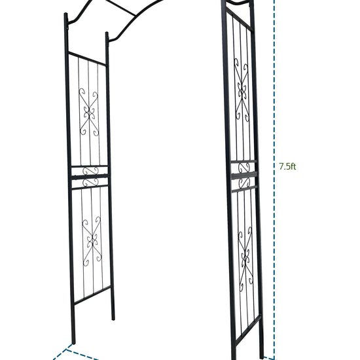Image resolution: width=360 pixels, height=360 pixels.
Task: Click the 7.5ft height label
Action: (287, 166)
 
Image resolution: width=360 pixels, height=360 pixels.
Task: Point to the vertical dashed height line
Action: (274, 180)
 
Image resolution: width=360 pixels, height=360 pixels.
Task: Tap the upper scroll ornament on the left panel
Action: (89, 112)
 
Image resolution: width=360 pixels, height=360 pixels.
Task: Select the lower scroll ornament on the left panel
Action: (92, 241)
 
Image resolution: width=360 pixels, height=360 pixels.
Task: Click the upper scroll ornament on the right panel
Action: (242, 90)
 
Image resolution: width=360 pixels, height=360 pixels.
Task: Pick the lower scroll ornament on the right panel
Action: (245, 259)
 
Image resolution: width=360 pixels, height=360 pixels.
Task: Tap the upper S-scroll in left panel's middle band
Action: (90, 171)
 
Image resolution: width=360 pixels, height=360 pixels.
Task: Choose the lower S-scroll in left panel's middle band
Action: (90, 183)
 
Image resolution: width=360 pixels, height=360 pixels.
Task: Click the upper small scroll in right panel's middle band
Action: (244, 168)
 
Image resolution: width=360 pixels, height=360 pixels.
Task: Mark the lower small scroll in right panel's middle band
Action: (244, 183)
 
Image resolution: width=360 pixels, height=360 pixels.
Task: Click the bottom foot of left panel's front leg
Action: (73, 343)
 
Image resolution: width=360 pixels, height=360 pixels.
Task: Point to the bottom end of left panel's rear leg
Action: (113, 319)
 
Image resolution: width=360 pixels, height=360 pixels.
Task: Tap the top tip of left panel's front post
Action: (65, 14)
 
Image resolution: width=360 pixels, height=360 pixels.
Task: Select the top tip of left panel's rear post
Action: (107, 33)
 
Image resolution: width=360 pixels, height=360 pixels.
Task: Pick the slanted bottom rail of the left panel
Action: (92, 295)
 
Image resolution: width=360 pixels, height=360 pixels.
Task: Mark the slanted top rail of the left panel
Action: (87, 59)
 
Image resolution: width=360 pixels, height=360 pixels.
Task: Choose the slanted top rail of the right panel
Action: (240, 20)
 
